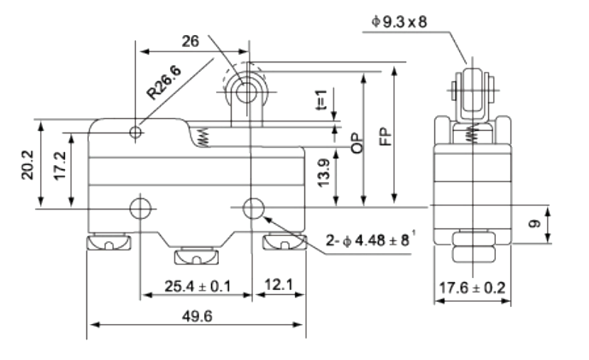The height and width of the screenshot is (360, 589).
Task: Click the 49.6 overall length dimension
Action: (x=197, y=316)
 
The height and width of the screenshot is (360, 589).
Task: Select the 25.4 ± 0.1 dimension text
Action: (x=197, y=286)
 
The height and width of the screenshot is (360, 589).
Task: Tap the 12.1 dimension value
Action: (x=279, y=285)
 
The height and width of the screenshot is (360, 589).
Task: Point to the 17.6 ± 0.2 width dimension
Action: (x=472, y=288)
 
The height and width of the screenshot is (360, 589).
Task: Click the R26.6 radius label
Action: (x=164, y=83)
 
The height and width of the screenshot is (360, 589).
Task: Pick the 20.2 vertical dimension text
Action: (x=27, y=164)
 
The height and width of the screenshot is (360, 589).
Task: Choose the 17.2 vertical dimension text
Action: (x=60, y=165)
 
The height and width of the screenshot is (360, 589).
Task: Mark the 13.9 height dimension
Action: (x=323, y=173)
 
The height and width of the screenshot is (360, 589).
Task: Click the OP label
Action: (x=357, y=143)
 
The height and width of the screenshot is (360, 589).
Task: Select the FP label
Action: (x=386, y=137)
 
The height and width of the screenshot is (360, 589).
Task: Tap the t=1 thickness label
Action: (x=321, y=99)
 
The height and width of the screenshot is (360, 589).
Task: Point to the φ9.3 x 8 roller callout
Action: (x=399, y=21)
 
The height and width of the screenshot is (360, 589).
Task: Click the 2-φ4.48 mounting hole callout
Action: (x=370, y=239)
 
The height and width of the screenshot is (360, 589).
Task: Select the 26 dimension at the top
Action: (x=190, y=41)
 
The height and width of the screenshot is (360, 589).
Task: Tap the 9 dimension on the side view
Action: (x=534, y=223)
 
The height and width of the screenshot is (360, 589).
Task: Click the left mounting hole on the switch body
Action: (x=140, y=208)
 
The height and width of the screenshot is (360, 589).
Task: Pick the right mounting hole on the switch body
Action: (x=254, y=208)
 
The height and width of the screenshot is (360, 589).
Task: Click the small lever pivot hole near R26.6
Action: (x=136, y=133)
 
